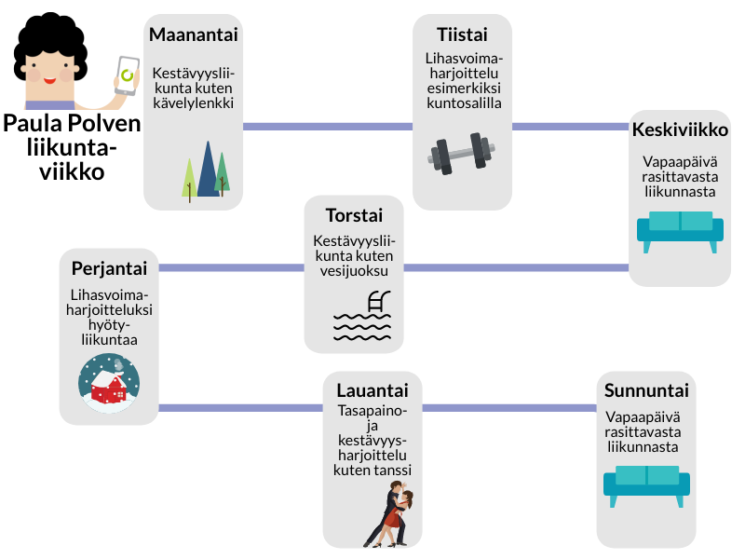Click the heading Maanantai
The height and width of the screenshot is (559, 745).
[194, 35]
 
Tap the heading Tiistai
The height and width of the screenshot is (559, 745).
[462, 35]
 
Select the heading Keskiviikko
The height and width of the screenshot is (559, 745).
[680, 130]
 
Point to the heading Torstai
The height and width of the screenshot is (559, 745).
[354, 215]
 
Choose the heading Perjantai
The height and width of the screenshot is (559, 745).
[109, 269]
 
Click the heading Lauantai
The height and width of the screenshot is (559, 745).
[372, 389]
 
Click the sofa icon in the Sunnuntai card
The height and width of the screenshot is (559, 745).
[646, 484]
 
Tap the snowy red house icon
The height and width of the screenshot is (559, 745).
[108, 382]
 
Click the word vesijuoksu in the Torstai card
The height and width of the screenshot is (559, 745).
[354, 271]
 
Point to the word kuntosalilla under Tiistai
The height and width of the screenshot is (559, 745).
[462, 102]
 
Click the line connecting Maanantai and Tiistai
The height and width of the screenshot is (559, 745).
[327, 126]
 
